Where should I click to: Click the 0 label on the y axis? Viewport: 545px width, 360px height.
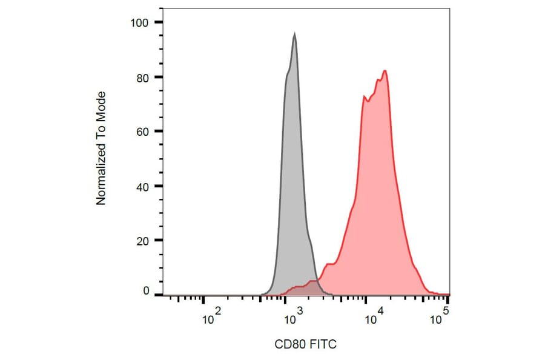(x=145, y=292)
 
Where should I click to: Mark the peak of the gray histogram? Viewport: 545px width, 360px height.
(x=294, y=34)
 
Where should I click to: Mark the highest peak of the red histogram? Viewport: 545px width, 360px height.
(x=385, y=71)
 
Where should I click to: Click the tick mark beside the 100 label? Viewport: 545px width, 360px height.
(x=159, y=22)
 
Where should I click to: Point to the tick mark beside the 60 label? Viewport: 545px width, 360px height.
(x=159, y=132)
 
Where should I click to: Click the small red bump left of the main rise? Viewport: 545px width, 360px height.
(x=329, y=264)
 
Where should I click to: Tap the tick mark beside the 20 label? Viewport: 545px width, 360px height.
(x=159, y=241)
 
